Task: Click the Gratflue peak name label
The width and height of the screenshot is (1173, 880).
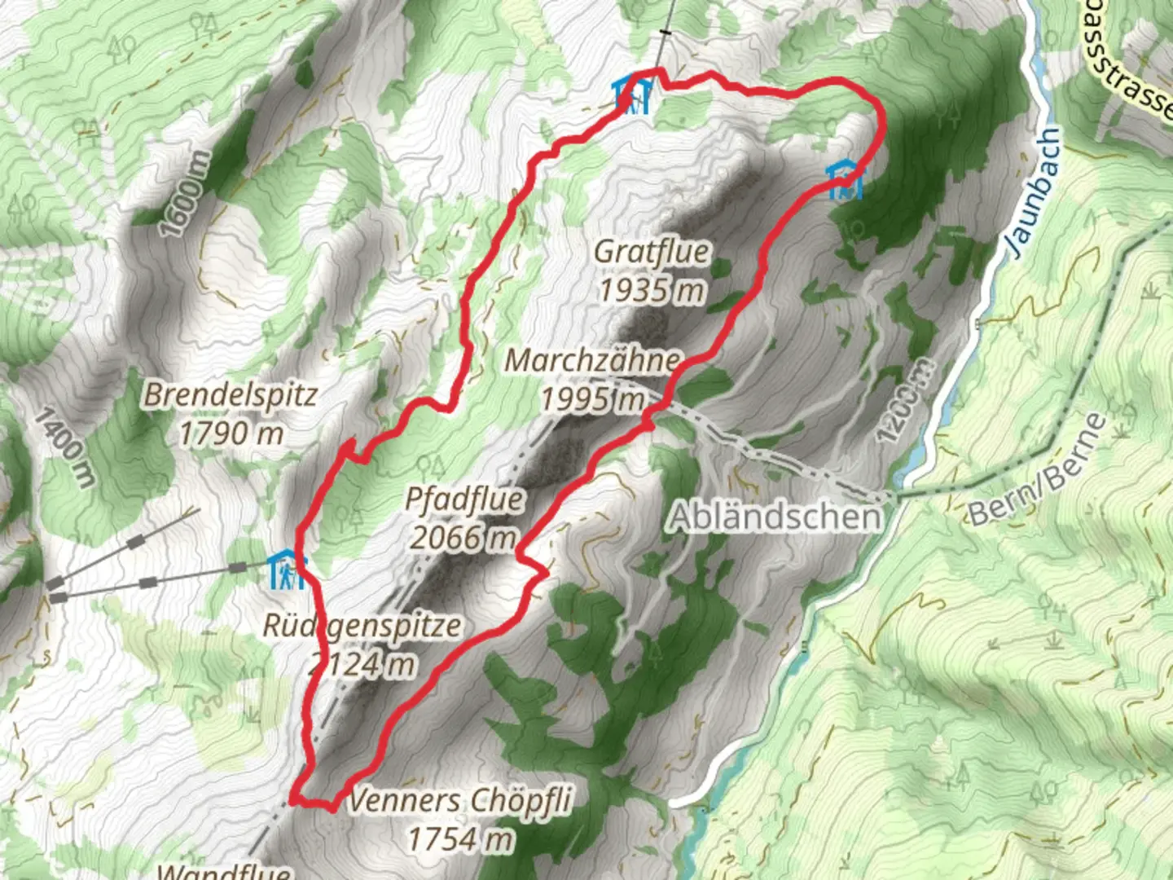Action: click(651, 252)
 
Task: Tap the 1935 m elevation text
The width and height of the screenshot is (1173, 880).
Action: click(652, 289)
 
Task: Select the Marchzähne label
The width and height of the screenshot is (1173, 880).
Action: click(592, 360)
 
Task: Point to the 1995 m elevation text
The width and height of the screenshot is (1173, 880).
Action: click(592, 398)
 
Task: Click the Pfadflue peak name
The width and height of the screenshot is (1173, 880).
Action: click(465, 499)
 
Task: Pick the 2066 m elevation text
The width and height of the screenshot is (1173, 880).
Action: click(463, 538)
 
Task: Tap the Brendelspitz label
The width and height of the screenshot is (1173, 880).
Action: click(231, 395)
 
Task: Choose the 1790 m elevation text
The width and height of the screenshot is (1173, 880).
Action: click(231, 433)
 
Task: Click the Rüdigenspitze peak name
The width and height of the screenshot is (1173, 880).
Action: click(362, 626)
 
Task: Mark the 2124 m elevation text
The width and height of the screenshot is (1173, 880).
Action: click(362, 665)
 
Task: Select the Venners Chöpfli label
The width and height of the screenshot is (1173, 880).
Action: click(460, 800)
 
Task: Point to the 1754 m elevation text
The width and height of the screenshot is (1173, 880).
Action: click(460, 838)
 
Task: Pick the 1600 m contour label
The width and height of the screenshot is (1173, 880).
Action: click(184, 194)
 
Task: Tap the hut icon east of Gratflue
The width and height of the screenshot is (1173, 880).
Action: click(844, 180)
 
